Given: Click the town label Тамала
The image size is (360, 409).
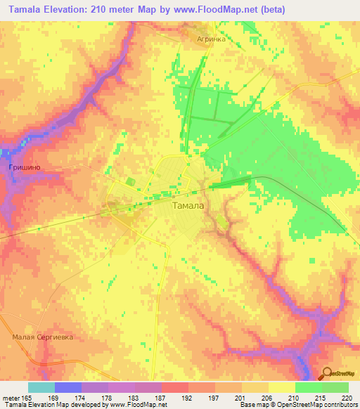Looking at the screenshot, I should pos(188,206).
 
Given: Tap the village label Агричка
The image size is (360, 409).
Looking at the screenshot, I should pos(211,40).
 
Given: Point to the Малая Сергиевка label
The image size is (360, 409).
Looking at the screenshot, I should pos(43,337).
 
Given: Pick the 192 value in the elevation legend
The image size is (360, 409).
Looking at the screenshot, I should pos(187,397).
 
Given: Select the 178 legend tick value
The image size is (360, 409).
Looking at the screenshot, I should pos(107,397).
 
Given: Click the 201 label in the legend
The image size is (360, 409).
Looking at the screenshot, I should pos(240,397).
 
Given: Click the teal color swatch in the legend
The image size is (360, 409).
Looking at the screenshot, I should pos(41,387).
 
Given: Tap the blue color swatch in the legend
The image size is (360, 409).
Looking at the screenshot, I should pos(68,387).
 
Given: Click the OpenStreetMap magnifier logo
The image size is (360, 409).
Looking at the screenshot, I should pos(328,374).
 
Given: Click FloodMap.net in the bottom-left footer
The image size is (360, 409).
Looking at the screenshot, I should pos(143,405).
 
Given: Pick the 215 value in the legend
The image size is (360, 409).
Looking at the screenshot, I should pos(321,397).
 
